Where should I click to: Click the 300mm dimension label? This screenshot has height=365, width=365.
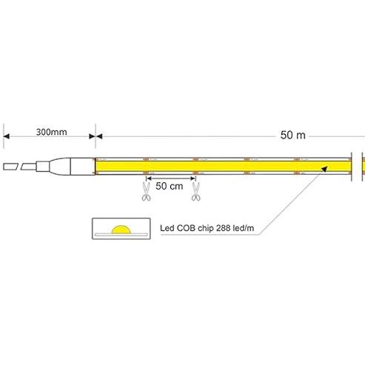[51, 132]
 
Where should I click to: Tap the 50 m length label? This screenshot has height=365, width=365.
[292, 135]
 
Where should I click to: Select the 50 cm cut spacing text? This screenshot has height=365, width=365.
[170, 186]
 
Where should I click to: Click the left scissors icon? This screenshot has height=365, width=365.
[146, 192]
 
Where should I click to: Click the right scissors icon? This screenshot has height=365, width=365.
[196, 192]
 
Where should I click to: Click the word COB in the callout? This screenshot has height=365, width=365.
[184, 228]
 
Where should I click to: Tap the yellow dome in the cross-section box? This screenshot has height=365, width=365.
[121, 230]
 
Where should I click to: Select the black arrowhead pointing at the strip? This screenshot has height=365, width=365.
[324, 169]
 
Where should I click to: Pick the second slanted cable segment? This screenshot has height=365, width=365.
[29, 167]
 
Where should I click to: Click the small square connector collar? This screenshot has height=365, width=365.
[43, 167]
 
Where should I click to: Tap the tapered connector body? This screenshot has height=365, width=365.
[60, 167]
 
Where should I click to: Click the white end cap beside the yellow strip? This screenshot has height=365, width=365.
[83, 167]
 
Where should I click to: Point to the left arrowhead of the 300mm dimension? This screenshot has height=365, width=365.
[7, 136]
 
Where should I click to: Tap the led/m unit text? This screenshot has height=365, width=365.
[244, 228]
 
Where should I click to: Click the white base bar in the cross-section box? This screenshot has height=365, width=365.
[121, 235]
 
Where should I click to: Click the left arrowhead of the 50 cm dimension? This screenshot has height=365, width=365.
[148, 178]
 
